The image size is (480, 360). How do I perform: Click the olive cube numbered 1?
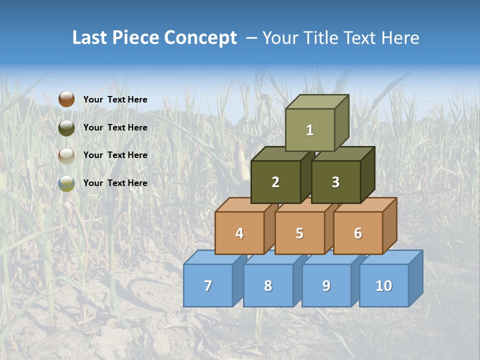tap(310, 130)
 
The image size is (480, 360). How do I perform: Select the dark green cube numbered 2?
tap(275, 182)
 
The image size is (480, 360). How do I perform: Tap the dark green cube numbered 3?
tap(335, 182)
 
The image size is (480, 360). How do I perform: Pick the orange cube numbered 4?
tap(239, 233)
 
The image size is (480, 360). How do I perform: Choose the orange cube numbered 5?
tap(299, 233)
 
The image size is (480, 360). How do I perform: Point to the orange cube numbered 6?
tap(358, 233)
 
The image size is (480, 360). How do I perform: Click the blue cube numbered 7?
tap(208, 285)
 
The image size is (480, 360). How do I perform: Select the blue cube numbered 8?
tap(268, 285)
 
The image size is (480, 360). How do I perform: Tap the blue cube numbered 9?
tap(326, 285)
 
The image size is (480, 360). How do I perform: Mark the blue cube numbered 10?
tap(384, 285)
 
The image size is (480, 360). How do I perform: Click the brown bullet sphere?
tap(66, 99)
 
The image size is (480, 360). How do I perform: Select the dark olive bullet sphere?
tap(66, 127)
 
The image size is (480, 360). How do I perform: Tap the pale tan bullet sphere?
tap(66, 155)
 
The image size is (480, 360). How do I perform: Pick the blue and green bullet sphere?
tap(66, 183)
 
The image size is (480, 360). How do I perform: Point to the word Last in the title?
tap(90, 38)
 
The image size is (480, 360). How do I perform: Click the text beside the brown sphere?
tap(115, 99)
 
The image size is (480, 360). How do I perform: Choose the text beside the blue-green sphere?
tap(115, 183)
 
